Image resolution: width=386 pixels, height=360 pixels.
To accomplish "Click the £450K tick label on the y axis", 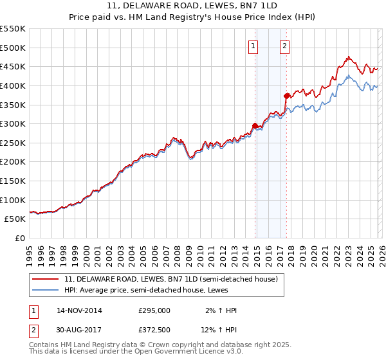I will click(13, 66).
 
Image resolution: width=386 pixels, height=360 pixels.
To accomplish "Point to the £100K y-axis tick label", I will click(13, 200).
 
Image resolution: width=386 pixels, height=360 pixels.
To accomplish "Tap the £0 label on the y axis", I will click(20, 238).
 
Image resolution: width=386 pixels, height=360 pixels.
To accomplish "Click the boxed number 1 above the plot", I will click(253, 46).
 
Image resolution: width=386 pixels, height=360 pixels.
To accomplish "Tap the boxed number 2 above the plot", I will click(284, 46).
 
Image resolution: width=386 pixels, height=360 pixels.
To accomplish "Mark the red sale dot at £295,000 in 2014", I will click(255, 125).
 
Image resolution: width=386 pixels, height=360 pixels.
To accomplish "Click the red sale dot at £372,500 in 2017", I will click(287, 96).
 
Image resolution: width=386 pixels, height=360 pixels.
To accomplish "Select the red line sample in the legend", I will click(46, 280).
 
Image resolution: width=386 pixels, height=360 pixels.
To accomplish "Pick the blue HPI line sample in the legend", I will click(46, 291).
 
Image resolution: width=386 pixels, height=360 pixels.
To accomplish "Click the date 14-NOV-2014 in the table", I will click(79, 310).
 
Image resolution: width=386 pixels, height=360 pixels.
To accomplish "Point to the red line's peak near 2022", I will click(347, 57).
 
